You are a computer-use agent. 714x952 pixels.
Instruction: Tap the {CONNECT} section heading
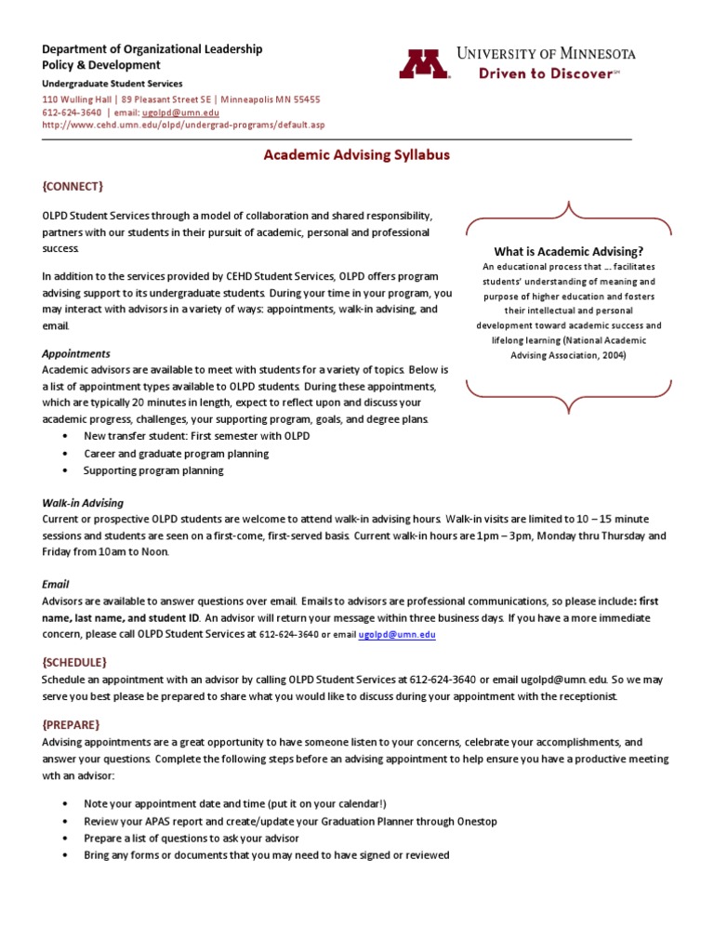click(x=73, y=186)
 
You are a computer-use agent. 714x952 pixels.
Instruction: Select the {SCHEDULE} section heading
click(x=74, y=662)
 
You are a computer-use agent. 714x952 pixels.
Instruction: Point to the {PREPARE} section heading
click(x=71, y=723)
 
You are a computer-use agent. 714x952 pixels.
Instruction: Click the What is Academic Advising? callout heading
click(x=568, y=251)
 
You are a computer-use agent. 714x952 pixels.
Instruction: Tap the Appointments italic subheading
click(x=76, y=353)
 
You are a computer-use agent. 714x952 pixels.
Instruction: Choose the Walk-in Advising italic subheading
click(x=82, y=502)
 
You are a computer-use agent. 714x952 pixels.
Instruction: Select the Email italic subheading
click(x=56, y=585)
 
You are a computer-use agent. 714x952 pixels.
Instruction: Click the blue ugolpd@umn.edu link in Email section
click(x=397, y=634)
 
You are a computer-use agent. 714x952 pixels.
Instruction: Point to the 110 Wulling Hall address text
click(x=180, y=99)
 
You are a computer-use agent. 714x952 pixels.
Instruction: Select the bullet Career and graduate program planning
click(x=176, y=454)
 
